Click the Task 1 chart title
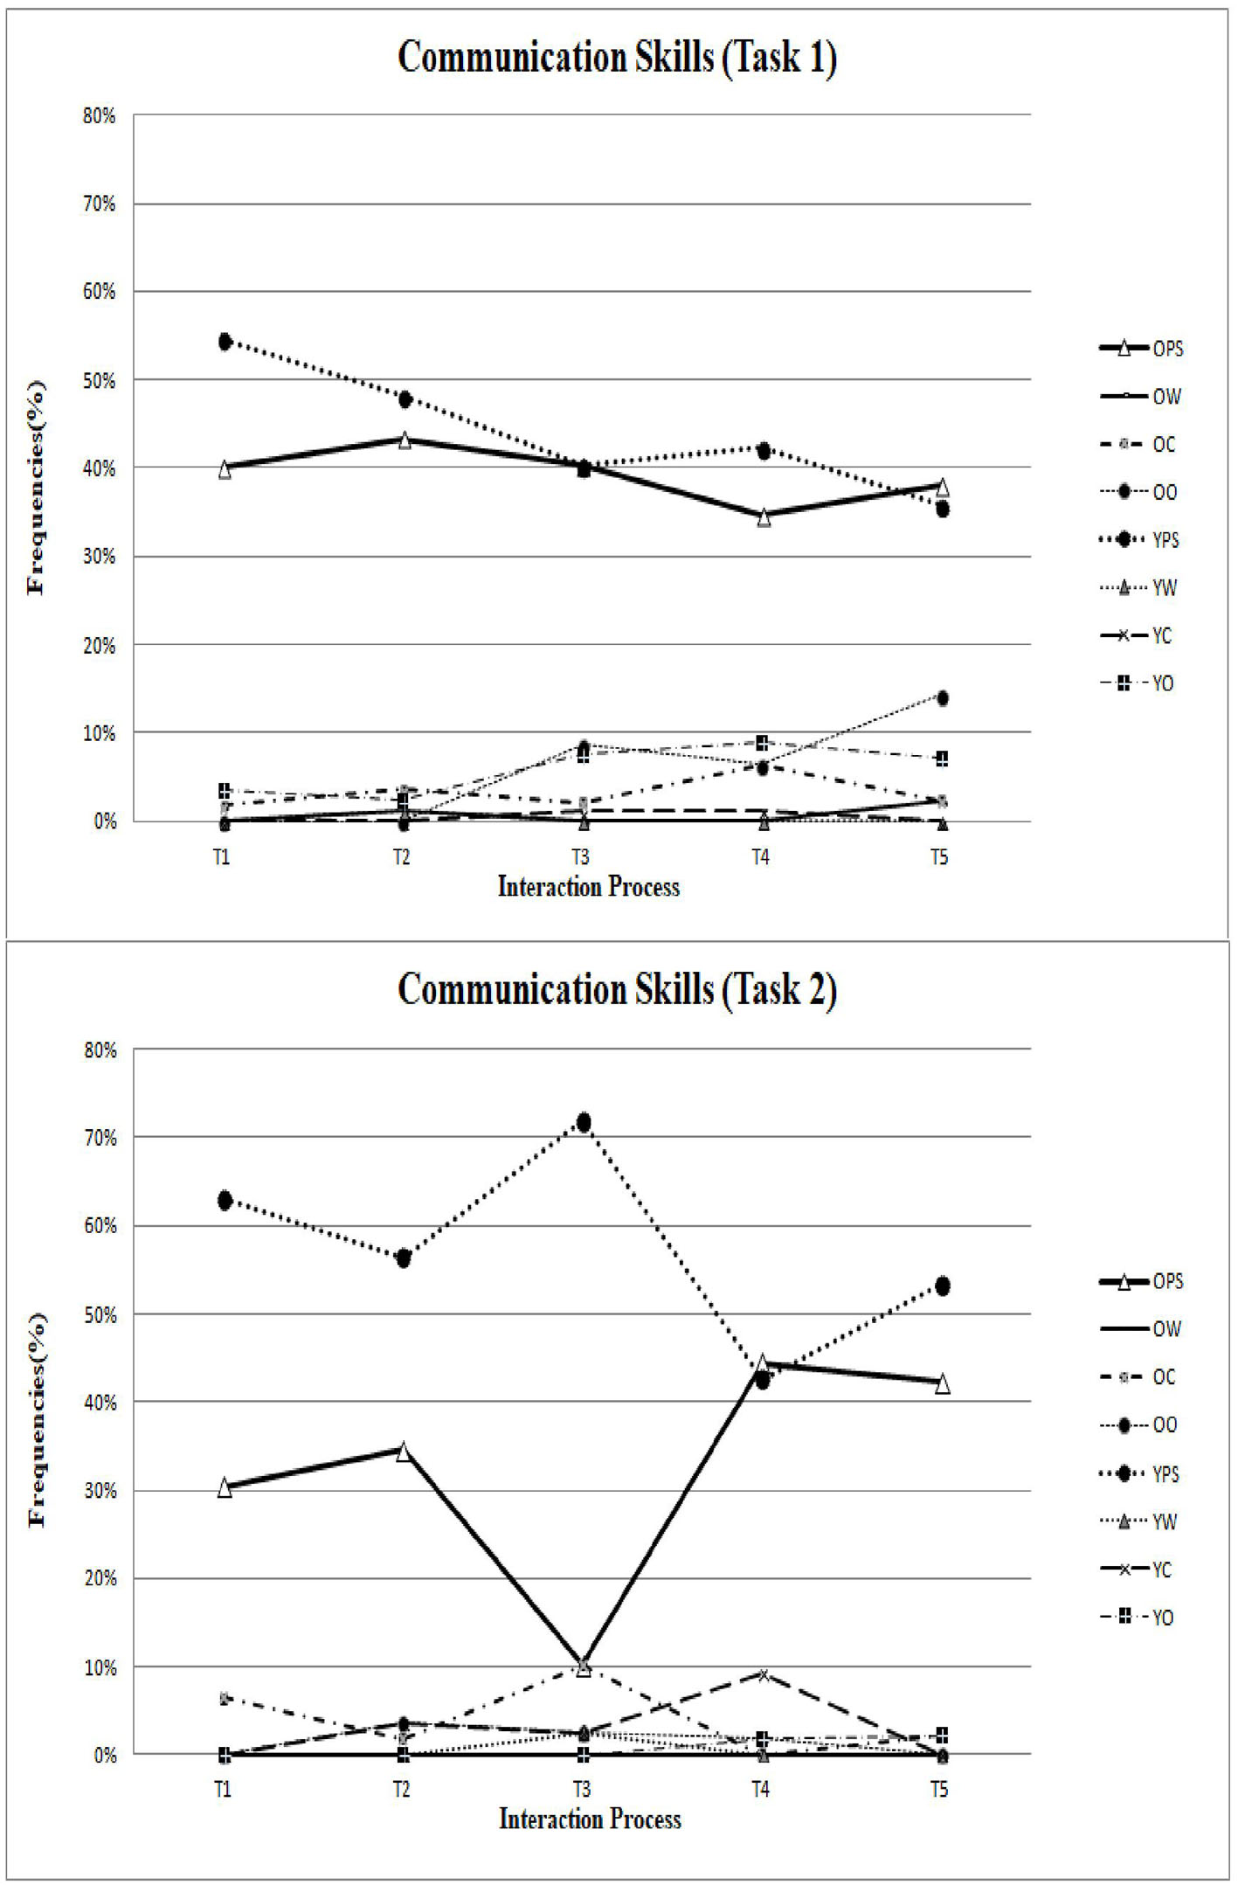tap(617, 58)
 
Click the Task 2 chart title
tap(617, 990)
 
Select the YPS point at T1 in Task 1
tap(225, 341)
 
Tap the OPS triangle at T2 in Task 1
tap(405, 440)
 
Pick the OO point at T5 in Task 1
tap(942, 697)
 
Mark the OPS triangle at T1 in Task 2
tap(225, 1488)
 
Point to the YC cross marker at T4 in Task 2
tap(763, 1674)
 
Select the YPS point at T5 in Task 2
tap(942, 1286)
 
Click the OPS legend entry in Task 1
tap(1141, 349)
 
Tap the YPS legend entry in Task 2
tap(1140, 1474)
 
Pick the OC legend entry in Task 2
tap(1139, 1377)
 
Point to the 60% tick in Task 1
tap(99, 292)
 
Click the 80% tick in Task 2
tap(99, 1050)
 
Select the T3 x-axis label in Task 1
tap(580, 856)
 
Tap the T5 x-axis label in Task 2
tap(938, 1789)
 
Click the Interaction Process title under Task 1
tap(589, 887)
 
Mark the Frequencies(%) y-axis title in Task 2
tap(37, 1421)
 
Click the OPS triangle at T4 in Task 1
tap(764, 517)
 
